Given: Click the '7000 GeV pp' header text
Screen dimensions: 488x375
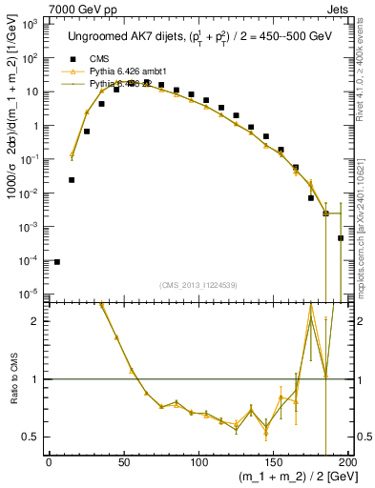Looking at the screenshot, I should click(35, 8).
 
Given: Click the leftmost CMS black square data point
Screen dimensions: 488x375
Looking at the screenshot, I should click(57, 262).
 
